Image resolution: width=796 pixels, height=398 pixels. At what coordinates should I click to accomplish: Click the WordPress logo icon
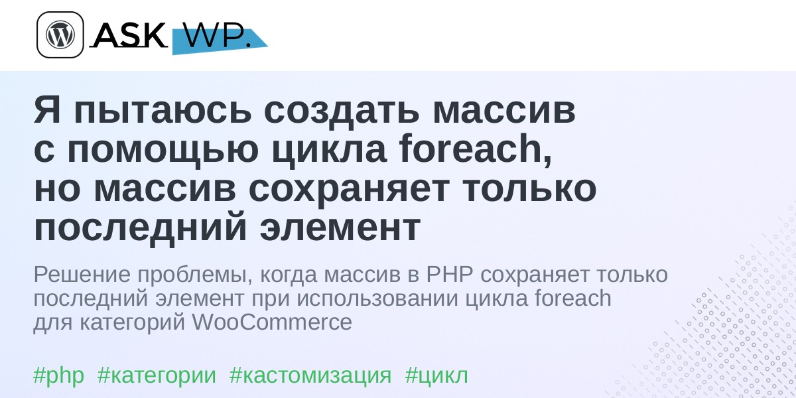[x=60, y=34]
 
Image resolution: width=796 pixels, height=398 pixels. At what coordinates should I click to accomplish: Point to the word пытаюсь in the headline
[x=163, y=111]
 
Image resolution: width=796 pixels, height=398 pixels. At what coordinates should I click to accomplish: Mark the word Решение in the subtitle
[x=82, y=275]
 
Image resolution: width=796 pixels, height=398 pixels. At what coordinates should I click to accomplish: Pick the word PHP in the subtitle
[x=450, y=275]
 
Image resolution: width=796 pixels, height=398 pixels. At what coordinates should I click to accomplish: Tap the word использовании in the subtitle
[x=377, y=298]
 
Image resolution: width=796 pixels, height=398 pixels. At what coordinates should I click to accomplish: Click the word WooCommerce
[x=272, y=322]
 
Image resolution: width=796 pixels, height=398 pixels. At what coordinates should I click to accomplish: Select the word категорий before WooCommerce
[x=132, y=322]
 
